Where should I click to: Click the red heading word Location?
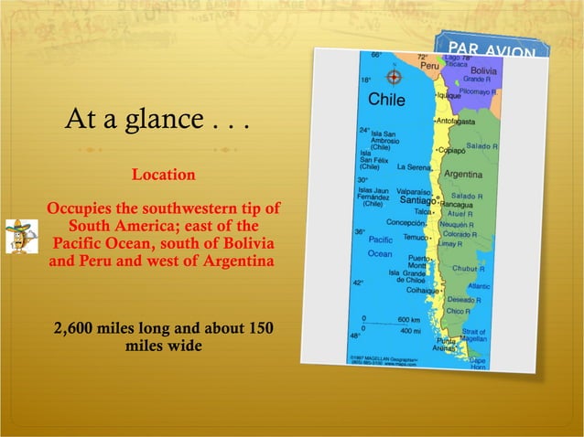pyautogui.click(x=164, y=174)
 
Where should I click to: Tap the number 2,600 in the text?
pyautogui.click(x=79, y=329)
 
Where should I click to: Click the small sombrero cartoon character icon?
pyautogui.click(x=16, y=236)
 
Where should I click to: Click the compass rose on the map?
pyautogui.click(x=395, y=77)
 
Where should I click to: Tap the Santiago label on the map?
pyautogui.click(x=416, y=200)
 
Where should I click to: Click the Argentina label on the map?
pyautogui.click(x=463, y=174)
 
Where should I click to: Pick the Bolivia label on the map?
pyautogui.click(x=483, y=70)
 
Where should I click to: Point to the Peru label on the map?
pyautogui.click(x=429, y=67)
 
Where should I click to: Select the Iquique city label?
pyautogui.click(x=449, y=95)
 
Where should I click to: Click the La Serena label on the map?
pyautogui.click(x=413, y=167)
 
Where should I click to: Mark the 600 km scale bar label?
pyautogui.click(x=408, y=318)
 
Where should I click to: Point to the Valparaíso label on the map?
pyautogui.click(x=412, y=191)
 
